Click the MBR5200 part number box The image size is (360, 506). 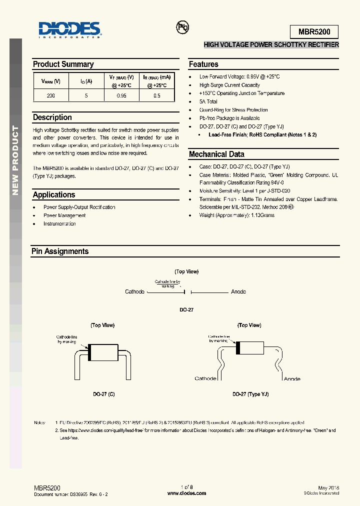pyautogui.click(x=314, y=31)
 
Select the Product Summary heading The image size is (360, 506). pyautogui.click(x=63, y=64)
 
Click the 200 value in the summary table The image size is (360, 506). pyautogui.click(x=50, y=95)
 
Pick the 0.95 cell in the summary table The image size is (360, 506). pyautogui.click(x=121, y=95)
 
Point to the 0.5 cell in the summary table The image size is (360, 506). pyautogui.click(x=157, y=95)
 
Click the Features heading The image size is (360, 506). pyautogui.click(x=203, y=64)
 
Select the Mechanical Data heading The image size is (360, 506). pyautogui.click(x=216, y=154)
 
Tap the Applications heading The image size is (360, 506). pyautogui.click(x=54, y=195)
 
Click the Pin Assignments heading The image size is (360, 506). pyautogui.click(x=60, y=251)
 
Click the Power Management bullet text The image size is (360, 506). pyautogui.click(x=64, y=215)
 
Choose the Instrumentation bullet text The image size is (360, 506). pyautogui.click(x=59, y=223)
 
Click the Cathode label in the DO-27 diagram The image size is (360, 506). pyautogui.click(x=134, y=291)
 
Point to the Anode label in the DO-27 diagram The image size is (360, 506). pyautogui.click(x=238, y=291)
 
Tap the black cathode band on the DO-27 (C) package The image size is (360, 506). pyautogui.click(x=90, y=353)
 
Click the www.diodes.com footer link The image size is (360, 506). pyautogui.click(x=186, y=493)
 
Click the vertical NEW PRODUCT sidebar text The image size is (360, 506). pyautogui.click(x=15, y=160)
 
